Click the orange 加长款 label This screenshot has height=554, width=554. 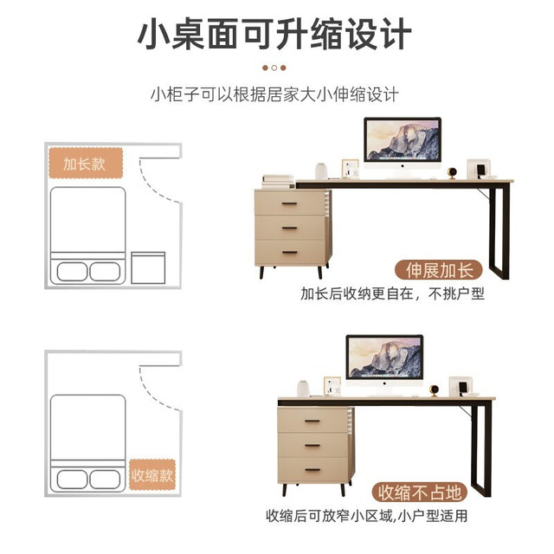86,164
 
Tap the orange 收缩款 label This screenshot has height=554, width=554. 152,475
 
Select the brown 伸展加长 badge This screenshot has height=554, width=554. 439,271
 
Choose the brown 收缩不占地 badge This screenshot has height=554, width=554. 419,493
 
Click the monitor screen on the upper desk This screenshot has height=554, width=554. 403,139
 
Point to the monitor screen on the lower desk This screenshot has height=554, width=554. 384,357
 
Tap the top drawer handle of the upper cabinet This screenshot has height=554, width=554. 289,204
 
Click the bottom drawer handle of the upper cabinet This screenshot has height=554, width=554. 289,252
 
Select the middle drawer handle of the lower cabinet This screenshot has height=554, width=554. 312,446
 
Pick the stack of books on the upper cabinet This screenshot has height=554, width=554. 279,182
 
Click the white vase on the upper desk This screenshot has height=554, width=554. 321,171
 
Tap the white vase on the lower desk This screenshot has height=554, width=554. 303,389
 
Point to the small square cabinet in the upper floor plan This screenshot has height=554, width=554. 148,267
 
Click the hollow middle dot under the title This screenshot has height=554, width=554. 274,68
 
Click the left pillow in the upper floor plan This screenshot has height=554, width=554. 72,272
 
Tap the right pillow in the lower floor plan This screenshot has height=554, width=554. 105,480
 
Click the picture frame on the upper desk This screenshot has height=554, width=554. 350,169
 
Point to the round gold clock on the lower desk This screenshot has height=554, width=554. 434,390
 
